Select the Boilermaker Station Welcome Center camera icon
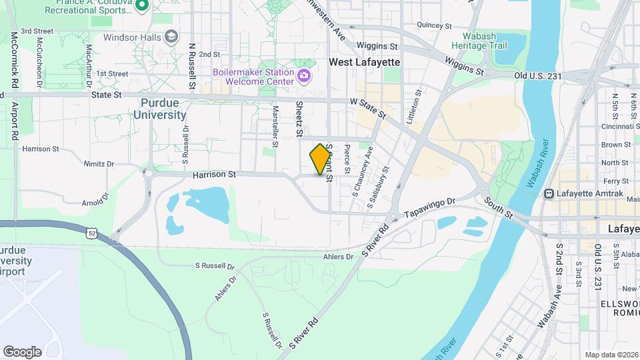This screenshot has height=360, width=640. click(304, 75)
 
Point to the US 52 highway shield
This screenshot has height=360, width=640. click(91, 233)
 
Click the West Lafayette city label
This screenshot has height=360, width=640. click(364, 62)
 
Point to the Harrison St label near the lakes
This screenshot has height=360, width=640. click(215, 175)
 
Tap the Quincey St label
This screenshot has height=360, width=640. click(434, 25)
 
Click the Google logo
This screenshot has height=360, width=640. click(22, 351)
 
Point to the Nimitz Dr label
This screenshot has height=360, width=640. click(99, 163)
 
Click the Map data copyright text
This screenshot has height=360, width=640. click(611, 355)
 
